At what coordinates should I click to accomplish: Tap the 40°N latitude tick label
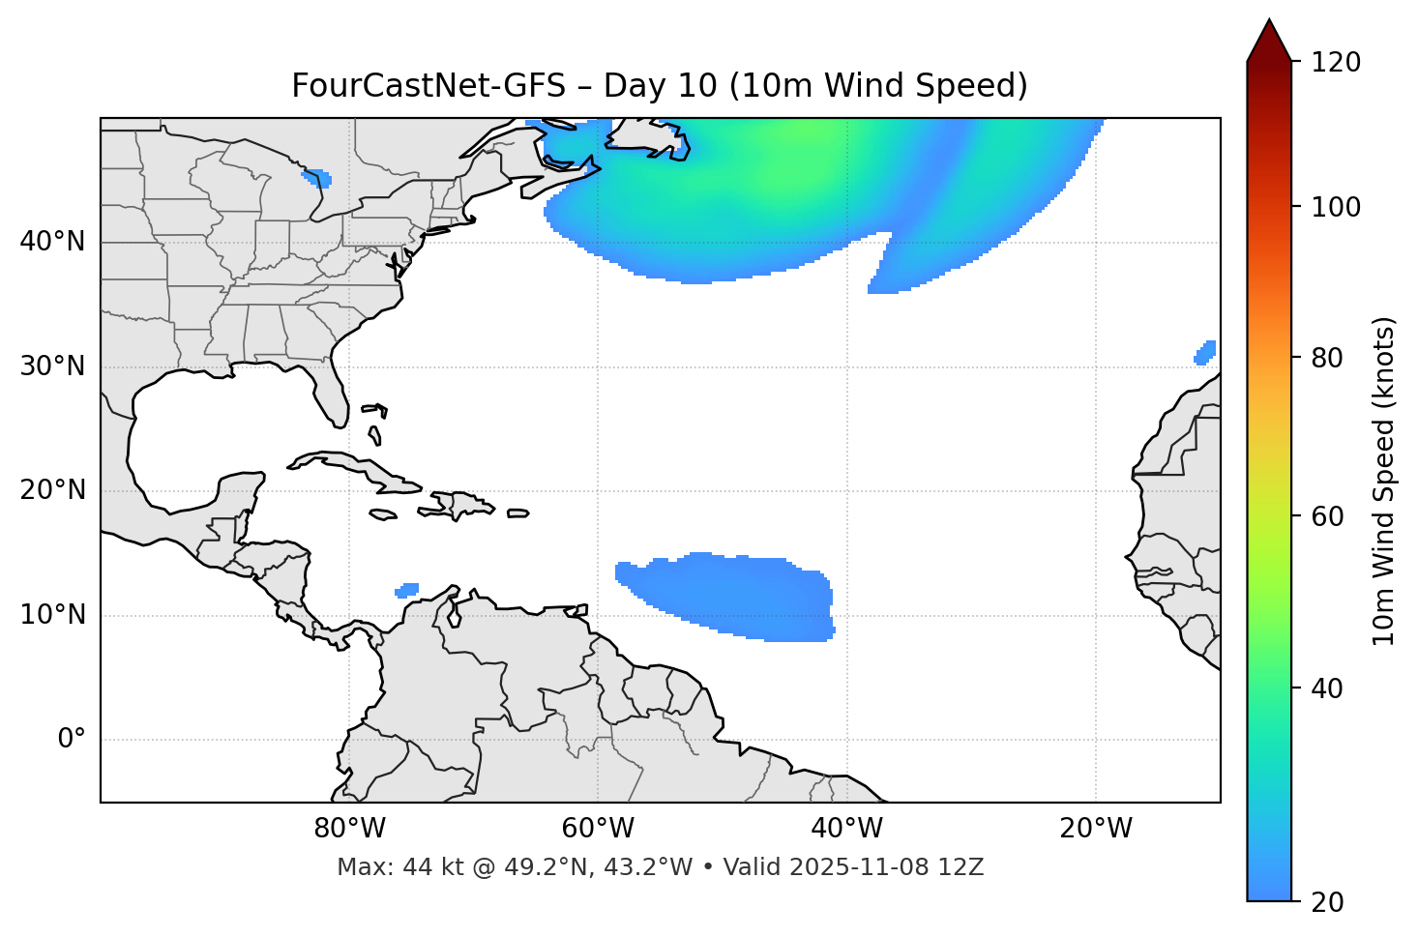[x=52, y=242]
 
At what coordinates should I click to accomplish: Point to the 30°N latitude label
[x=52, y=366]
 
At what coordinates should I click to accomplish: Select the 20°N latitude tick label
[x=52, y=490]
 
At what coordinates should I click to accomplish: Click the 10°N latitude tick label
[x=52, y=615]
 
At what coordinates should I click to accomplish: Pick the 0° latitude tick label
[x=72, y=740]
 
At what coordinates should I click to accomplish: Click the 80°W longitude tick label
[x=349, y=829]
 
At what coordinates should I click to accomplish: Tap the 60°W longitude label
[x=598, y=829]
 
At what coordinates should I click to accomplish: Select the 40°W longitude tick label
[x=846, y=829]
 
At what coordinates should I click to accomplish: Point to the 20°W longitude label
[x=1096, y=829]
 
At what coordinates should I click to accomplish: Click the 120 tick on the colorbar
[x=1336, y=63]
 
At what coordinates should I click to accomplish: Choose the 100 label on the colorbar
[x=1336, y=207]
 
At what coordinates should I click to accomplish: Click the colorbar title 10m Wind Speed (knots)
[x=1384, y=481]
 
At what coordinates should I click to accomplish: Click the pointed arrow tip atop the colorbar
[x=1268, y=23]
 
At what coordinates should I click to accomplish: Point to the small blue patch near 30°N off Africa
[x=1205, y=353]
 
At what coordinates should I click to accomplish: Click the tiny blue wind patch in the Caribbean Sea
[x=407, y=590]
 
